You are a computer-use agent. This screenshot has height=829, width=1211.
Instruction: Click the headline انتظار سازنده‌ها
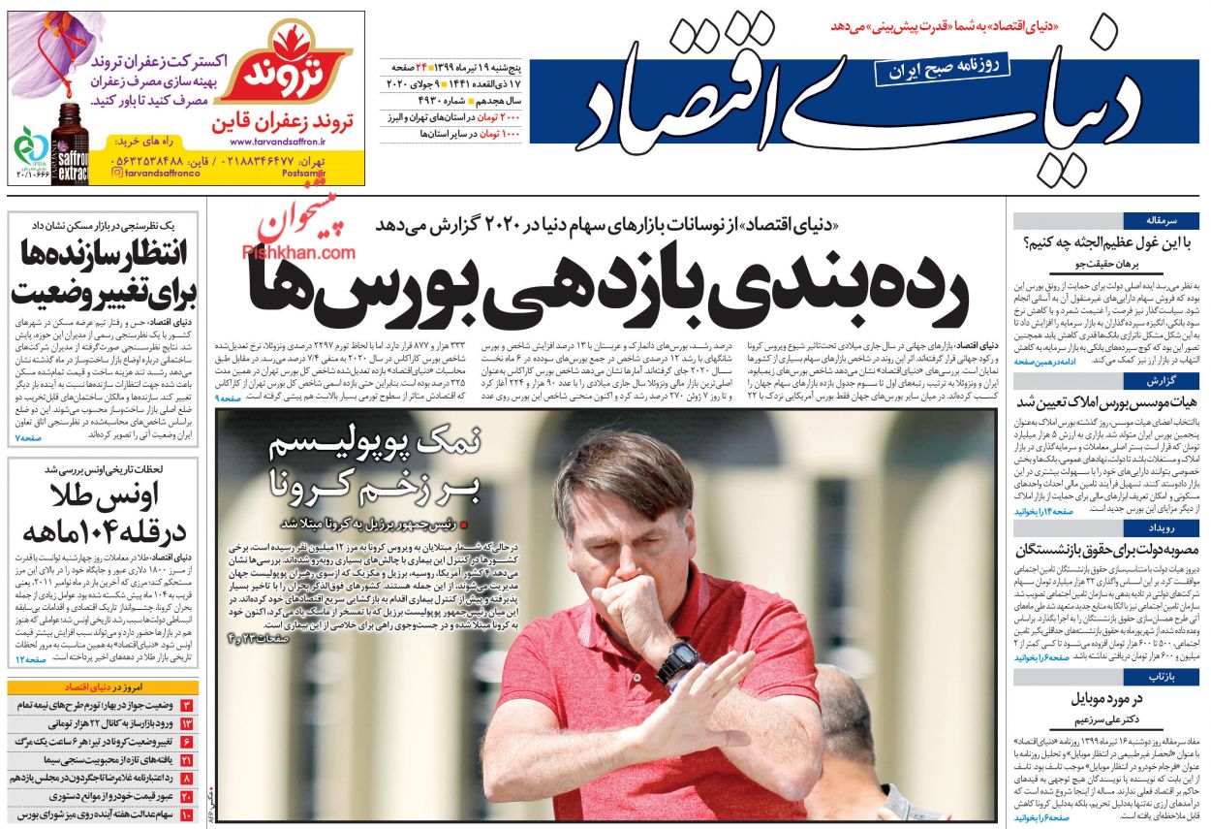[x=104, y=255]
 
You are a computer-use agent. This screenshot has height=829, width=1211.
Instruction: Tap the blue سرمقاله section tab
[x=1173, y=221]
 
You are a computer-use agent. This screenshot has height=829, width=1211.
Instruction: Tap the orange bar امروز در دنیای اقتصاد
[x=105, y=687]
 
